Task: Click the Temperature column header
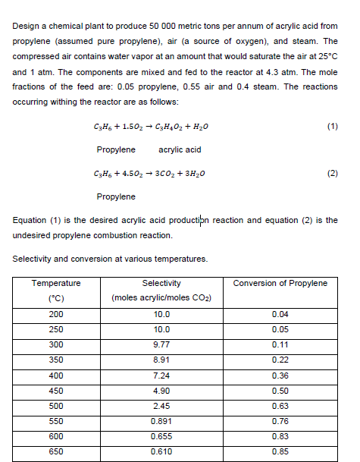click(56, 283)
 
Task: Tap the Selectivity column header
click(161, 283)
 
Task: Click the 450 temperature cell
click(56, 389)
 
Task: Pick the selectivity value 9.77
click(161, 344)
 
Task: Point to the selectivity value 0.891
click(161, 420)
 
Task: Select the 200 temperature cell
click(56, 313)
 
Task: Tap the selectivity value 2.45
click(161, 404)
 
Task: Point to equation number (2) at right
click(332, 173)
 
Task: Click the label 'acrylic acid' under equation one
click(180, 149)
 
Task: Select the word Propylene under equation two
click(117, 196)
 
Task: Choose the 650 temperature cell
click(56, 451)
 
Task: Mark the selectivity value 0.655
click(161, 435)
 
